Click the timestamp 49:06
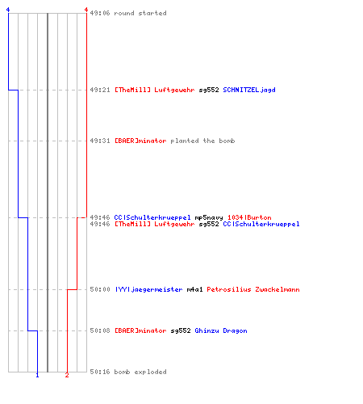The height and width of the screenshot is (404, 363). (100, 13)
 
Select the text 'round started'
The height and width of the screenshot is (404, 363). (140, 13)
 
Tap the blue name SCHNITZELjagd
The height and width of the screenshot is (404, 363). (249, 90)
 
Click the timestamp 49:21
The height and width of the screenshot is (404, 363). (100, 90)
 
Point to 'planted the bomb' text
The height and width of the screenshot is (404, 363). (202, 141)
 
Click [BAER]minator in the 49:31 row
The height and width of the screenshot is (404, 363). (140, 141)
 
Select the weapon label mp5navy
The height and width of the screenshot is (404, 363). (209, 217)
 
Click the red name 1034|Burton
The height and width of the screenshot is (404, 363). (249, 217)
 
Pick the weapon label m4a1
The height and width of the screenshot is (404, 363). (194, 289)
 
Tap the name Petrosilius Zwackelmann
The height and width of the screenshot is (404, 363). (253, 289)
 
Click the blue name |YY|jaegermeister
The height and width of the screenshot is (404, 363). (148, 289)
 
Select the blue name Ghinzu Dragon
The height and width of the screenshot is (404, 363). (221, 330)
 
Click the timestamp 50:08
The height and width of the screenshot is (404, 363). (100, 330)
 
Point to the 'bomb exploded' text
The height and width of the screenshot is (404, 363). (140, 372)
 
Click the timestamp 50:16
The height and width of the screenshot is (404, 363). (100, 372)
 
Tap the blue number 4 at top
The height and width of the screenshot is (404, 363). (8, 10)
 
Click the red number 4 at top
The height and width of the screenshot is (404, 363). (86, 10)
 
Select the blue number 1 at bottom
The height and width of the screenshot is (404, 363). (37, 375)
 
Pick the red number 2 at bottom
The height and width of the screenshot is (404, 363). (67, 375)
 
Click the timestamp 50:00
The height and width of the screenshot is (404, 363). (100, 289)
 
